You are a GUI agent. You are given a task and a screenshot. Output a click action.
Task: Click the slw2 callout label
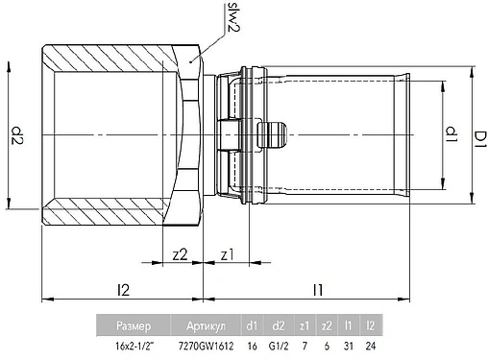[x=233, y=17]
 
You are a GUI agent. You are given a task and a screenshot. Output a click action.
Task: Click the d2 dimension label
[x=17, y=135]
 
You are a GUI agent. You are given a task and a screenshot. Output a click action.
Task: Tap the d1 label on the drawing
[x=451, y=134]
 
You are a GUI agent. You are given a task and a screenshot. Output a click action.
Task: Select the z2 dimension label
[x=180, y=254]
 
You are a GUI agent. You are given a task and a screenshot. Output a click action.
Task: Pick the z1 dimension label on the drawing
[x=228, y=255]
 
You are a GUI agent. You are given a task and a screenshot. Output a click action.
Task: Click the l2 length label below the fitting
[x=123, y=290]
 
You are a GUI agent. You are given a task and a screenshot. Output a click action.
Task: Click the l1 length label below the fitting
[x=318, y=290]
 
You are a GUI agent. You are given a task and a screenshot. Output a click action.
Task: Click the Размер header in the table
[x=134, y=325]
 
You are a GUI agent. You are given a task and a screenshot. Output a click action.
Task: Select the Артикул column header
[x=206, y=325]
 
